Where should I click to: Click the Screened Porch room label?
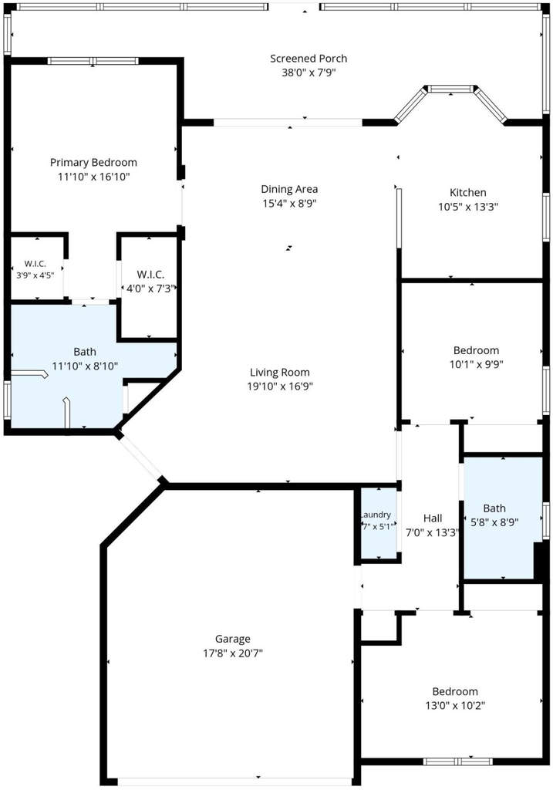(309, 59)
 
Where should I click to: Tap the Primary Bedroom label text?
(93, 162)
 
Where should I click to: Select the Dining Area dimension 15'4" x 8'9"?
(289, 204)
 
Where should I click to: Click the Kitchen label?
(468, 192)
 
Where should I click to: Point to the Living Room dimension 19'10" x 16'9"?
(280, 387)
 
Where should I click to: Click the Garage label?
(233, 639)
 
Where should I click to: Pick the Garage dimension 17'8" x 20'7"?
(233, 653)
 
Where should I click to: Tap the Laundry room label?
(376, 515)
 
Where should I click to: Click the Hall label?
(433, 518)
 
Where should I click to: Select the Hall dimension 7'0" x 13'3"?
(433, 532)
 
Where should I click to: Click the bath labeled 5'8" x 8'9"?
(494, 508)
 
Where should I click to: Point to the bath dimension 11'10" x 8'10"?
(85, 366)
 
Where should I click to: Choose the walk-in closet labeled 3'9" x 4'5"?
(35, 264)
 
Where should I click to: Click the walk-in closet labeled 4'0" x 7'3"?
(150, 275)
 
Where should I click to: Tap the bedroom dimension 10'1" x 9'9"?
(476, 364)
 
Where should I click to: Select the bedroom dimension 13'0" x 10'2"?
(455, 706)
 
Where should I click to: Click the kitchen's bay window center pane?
(450, 89)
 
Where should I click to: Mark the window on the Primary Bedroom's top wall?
(93, 61)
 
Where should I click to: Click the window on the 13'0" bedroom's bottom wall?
(457, 761)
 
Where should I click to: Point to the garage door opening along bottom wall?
(234, 782)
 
